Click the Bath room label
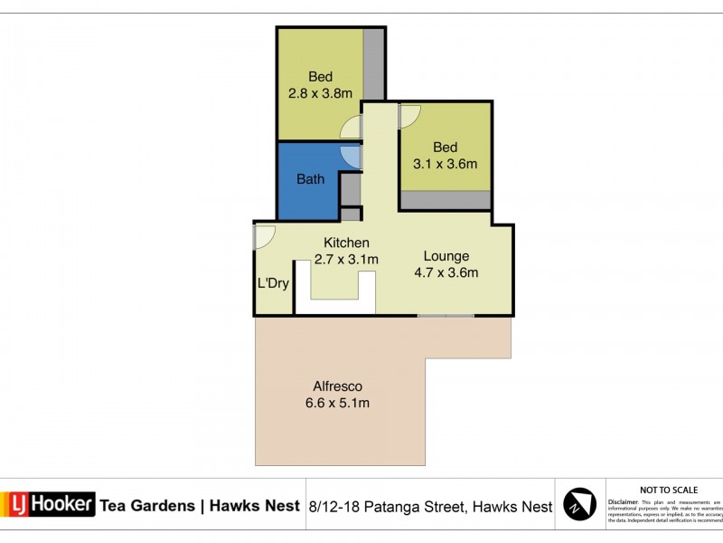point(310,179)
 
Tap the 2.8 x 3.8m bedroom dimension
point(320,92)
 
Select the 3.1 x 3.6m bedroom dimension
point(445,165)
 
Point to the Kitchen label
point(346,243)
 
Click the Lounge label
point(446,256)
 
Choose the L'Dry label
point(273,283)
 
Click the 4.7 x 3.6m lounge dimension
point(446,272)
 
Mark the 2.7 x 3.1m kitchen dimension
point(346,260)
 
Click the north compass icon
point(580,505)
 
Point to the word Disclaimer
point(624,500)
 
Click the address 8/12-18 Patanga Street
point(388,507)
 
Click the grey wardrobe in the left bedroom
point(373,63)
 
